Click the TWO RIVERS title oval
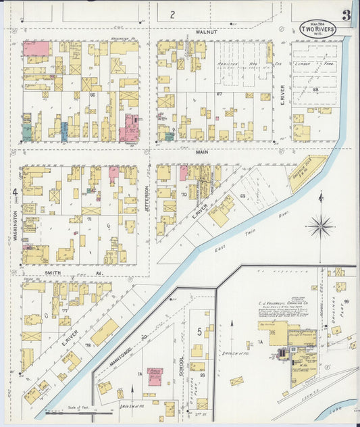pyautogui.click(x=317, y=29)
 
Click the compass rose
pyautogui.click(x=320, y=225)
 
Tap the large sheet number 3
pyautogui.click(x=346, y=15)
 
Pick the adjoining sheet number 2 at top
pyautogui.click(x=172, y=14)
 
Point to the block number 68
pyautogui.click(x=315, y=89)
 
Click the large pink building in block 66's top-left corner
pyautogui.click(x=36, y=48)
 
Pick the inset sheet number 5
pyautogui.click(x=199, y=331)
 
